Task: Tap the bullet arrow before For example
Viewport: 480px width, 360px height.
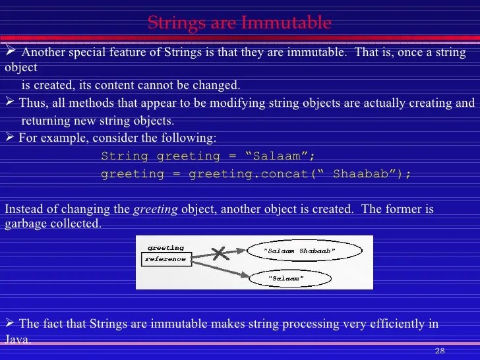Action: point(9,138)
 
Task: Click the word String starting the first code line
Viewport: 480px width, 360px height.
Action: point(125,156)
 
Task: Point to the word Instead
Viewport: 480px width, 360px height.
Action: point(24,210)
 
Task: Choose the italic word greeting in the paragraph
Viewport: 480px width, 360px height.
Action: point(156,210)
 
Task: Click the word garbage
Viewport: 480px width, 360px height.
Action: point(24,224)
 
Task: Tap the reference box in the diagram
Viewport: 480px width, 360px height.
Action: point(165,259)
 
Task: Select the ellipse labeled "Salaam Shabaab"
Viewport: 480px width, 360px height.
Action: point(304,251)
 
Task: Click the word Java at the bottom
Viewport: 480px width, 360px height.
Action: point(17,340)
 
